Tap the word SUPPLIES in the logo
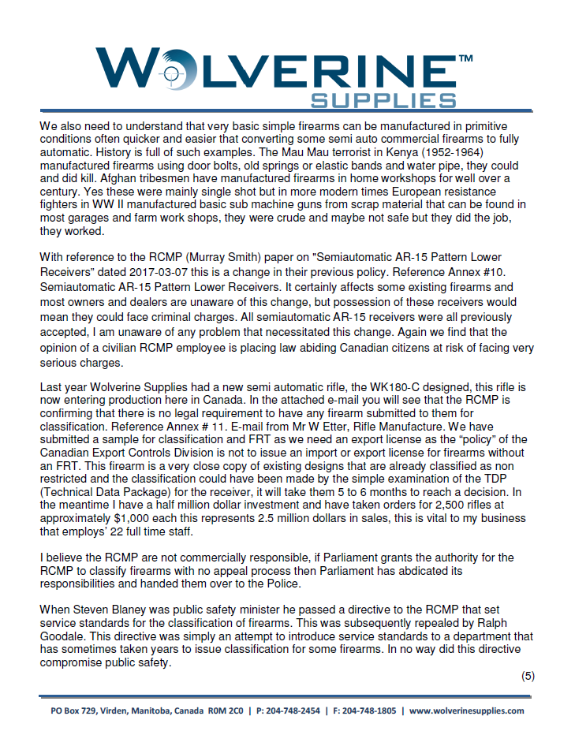383,100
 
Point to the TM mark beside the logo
465,58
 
